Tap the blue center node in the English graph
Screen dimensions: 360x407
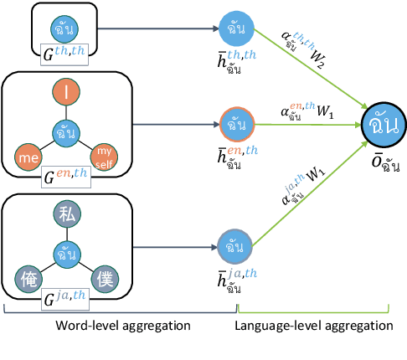click(x=64, y=131)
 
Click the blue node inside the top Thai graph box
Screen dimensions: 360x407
click(x=64, y=27)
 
